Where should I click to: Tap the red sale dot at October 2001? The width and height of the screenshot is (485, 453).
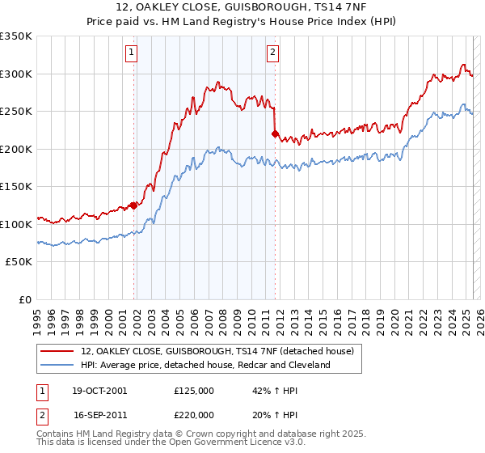(x=134, y=205)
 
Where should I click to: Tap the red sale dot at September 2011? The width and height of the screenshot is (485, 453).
(x=276, y=134)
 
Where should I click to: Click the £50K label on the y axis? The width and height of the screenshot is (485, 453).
(x=19, y=262)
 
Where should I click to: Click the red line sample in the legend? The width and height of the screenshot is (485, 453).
(x=57, y=352)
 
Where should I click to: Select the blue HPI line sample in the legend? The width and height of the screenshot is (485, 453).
(x=57, y=366)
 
